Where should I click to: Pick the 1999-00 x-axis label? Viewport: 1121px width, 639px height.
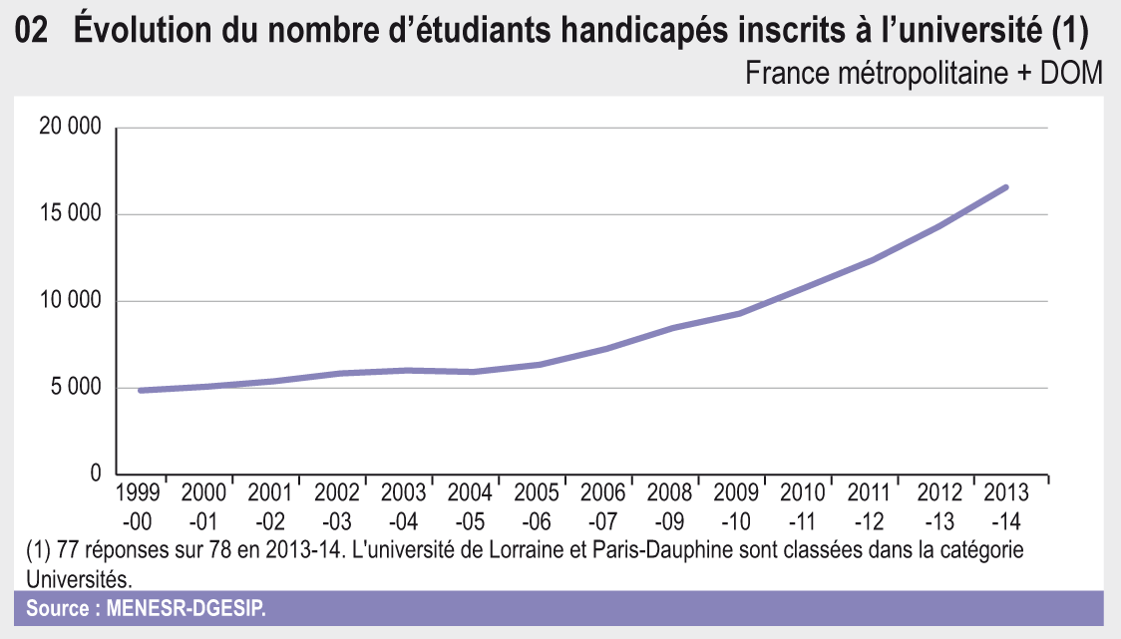pyautogui.click(x=140, y=506)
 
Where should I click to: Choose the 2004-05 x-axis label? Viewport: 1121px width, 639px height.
pyautogui.click(x=471, y=506)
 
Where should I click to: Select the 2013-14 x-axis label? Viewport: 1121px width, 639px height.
pyautogui.click(x=1007, y=506)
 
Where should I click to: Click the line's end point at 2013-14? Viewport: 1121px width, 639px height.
pyautogui.click(x=1006, y=186)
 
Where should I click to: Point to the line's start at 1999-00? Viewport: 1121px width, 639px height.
pyautogui.click(x=141, y=390)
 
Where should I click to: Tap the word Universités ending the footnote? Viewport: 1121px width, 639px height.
pyautogui.click(x=77, y=577)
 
